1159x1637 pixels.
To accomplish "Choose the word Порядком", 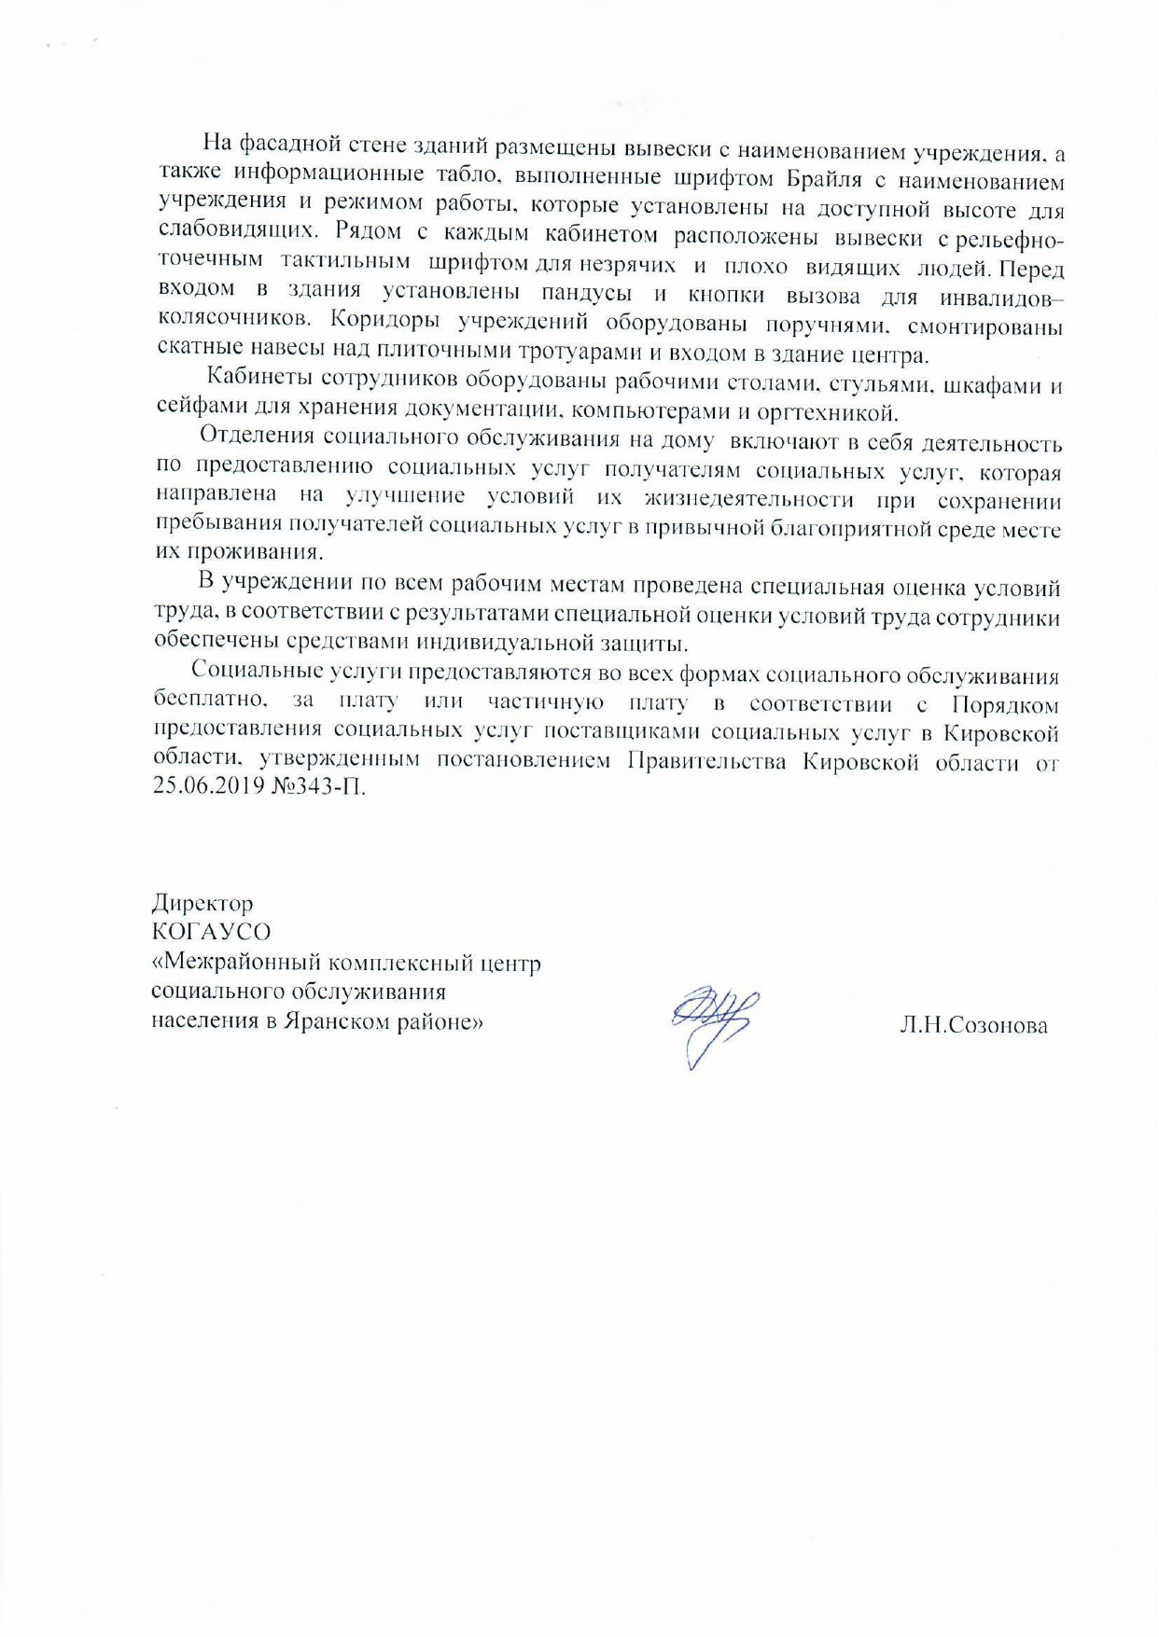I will click(x=1004, y=704).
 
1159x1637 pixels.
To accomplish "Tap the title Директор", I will click(x=202, y=903).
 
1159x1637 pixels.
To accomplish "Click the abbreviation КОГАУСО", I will click(x=212, y=932).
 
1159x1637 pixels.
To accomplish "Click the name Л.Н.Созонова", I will click(x=973, y=1026).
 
